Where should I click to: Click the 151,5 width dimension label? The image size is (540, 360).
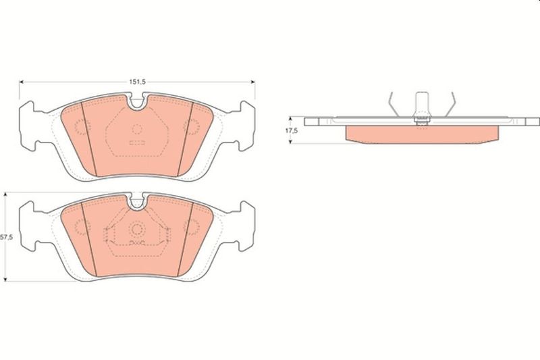click(138, 82)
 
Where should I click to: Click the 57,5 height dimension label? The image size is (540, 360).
click(7, 237)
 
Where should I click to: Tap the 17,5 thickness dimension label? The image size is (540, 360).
click(292, 130)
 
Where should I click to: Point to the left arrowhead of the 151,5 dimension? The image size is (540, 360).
click(21, 82)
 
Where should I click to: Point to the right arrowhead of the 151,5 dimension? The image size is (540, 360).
click(252, 82)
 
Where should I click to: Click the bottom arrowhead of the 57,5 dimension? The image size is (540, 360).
click(5, 279)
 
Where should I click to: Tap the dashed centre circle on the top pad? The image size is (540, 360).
click(137, 129)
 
